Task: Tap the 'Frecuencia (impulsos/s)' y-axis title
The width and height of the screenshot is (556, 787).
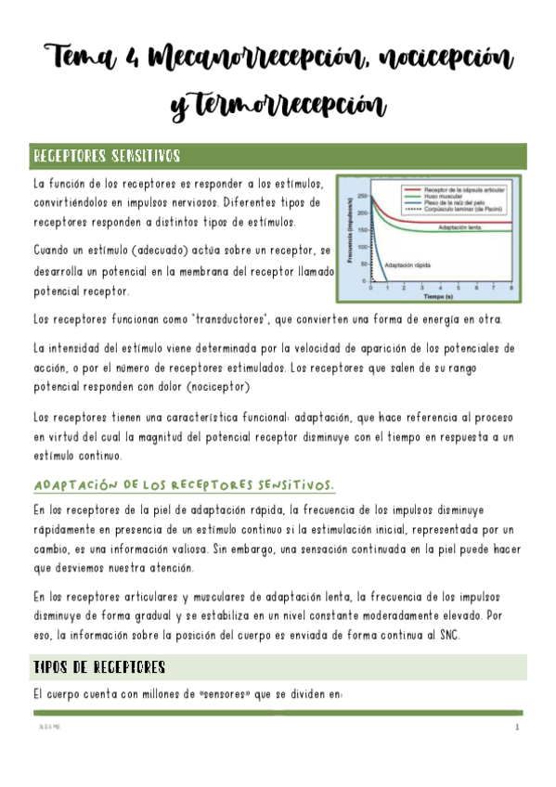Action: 349,233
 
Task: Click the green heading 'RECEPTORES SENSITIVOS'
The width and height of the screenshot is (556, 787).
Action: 107,155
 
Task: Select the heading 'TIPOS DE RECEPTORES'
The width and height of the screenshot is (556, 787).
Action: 99,666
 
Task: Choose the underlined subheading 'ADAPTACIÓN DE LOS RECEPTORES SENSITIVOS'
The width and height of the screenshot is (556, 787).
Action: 185,485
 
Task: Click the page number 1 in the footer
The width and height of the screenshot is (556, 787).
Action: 516,729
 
